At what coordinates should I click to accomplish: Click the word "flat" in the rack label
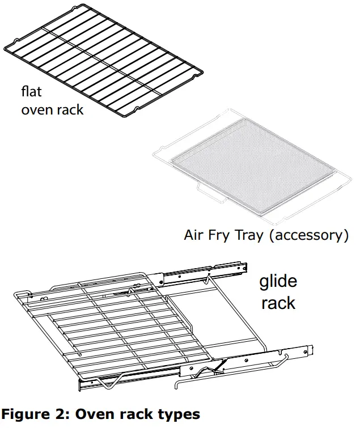[31, 91]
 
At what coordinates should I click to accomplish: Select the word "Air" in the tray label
[194, 235]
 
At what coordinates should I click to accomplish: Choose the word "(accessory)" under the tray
[308, 235]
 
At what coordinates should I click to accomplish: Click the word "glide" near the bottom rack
[278, 282]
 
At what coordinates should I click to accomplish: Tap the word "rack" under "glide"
[278, 303]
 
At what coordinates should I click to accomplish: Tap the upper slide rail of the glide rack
[204, 273]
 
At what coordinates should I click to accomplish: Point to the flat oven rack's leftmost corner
[6, 48]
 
